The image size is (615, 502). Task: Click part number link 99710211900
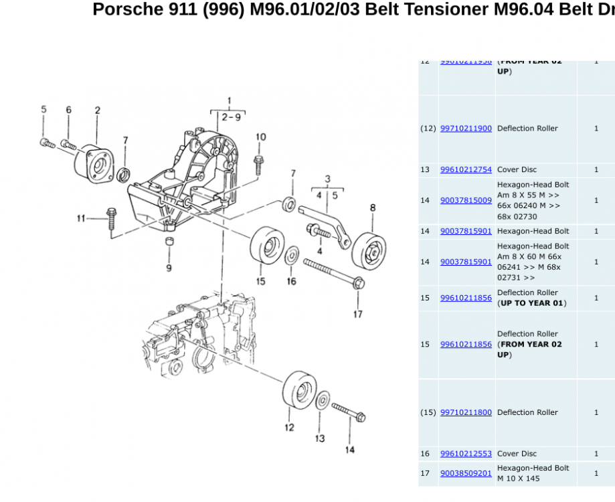point(466,129)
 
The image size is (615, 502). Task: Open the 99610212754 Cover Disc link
point(466,170)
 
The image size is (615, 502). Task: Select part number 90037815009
point(466,200)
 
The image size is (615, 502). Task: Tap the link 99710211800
point(466,413)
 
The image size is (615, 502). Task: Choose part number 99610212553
point(466,454)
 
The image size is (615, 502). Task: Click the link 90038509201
point(466,473)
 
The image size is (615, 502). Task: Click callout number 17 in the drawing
point(358,313)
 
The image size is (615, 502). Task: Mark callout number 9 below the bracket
point(169,268)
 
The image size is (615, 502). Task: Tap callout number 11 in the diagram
point(81,218)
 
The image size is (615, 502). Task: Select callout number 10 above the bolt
point(260,137)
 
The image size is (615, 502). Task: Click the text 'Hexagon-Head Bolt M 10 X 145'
point(533,473)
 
